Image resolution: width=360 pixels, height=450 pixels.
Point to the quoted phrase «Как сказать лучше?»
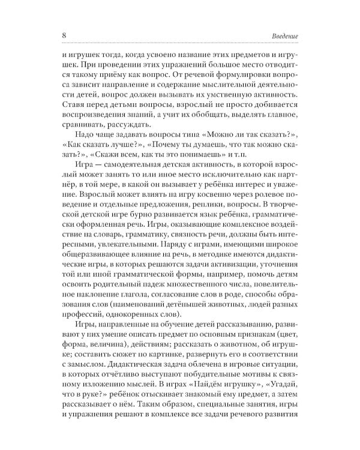click(x=95, y=151)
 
